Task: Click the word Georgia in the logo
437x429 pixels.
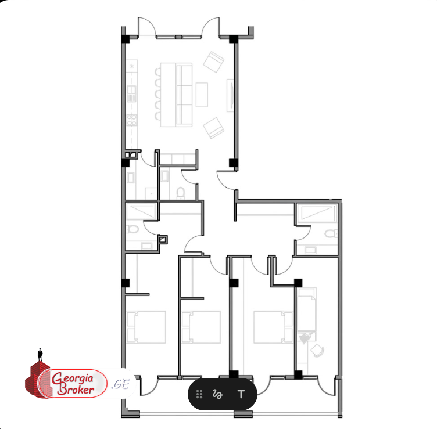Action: point(73,379)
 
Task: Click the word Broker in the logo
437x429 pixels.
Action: point(76,389)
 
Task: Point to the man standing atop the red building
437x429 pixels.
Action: point(41,355)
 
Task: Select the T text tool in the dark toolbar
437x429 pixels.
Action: point(241,394)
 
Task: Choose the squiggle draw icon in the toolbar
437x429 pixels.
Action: point(218,394)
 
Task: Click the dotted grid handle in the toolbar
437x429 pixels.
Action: point(199,394)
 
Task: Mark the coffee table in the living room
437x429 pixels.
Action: point(202,95)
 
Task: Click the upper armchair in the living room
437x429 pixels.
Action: point(214,62)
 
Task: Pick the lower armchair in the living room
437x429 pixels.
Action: point(214,128)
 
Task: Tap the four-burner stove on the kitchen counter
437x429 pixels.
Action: point(131,120)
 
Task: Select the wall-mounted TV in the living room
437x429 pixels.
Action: point(230,95)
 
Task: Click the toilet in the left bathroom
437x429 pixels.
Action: point(133,230)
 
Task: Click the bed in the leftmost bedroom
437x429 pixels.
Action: point(146,327)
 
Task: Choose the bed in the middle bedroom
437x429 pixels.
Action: point(201,327)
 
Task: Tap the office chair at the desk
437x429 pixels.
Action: point(318,350)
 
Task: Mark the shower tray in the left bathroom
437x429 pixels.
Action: point(141,211)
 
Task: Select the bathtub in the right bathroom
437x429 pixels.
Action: point(317,213)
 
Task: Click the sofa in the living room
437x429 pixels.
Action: point(184,95)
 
